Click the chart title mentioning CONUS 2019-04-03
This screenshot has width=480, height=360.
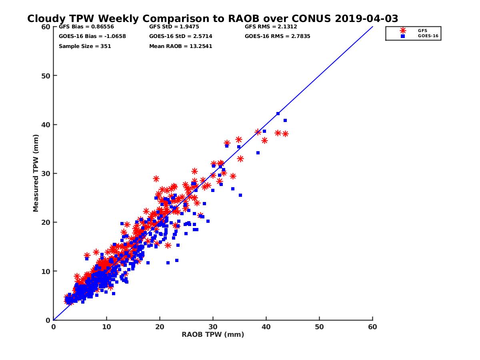point(212,18)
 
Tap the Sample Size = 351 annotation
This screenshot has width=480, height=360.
point(85,46)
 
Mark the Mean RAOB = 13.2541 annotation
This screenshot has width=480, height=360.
point(180,46)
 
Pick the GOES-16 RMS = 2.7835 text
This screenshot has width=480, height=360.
point(278,36)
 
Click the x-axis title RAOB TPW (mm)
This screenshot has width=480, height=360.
point(213,334)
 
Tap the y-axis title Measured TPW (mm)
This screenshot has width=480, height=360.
point(36,173)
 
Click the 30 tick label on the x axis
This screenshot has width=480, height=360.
point(213,327)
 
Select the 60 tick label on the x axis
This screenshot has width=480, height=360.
point(372,327)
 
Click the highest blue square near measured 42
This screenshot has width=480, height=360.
point(278,114)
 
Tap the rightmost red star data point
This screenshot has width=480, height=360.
point(285,134)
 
